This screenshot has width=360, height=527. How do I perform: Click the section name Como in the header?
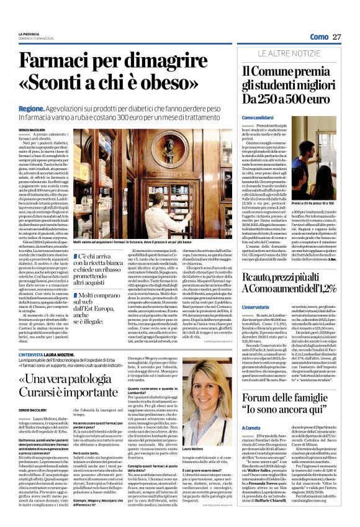click(x=318, y=37)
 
